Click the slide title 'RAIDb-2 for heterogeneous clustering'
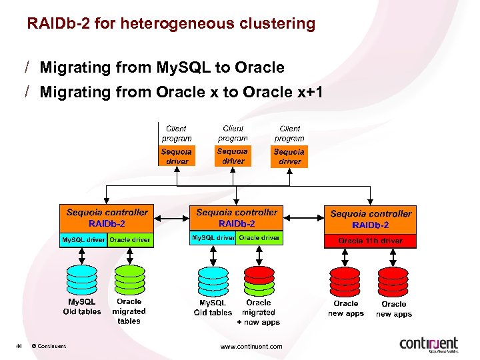[x=171, y=24]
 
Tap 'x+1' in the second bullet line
[x=309, y=92]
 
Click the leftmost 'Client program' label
[x=176, y=133]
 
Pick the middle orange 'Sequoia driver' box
[x=233, y=156]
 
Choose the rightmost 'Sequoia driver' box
[x=289, y=157]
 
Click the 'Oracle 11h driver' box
[x=370, y=241]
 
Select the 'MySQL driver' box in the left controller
[x=83, y=239]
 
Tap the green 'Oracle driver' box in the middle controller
[x=259, y=238]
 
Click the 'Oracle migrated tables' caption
[x=129, y=311]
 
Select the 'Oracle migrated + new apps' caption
[x=259, y=312]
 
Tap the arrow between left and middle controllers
[x=171, y=218]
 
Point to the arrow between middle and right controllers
[x=304, y=218]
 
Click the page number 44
[x=19, y=346]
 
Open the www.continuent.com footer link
[x=251, y=346]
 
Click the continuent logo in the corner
[x=429, y=344]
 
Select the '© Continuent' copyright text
[x=49, y=346]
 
